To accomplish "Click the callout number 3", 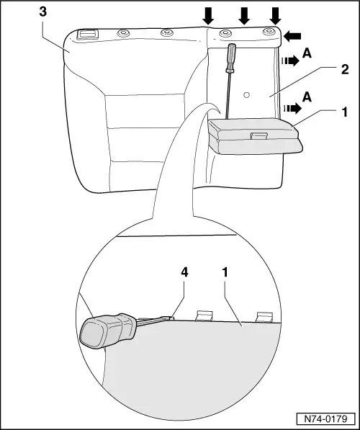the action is [x=43, y=12].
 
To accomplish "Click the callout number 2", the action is [x=344, y=69].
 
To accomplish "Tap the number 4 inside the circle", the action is [x=184, y=272].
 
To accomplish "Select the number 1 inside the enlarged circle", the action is [x=225, y=272].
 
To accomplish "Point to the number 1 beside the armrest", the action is [x=344, y=112].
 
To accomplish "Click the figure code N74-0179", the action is [x=325, y=418].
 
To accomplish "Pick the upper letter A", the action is [x=307, y=53].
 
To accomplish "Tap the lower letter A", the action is [x=307, y=97].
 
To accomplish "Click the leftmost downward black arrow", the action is [x=208, y=16].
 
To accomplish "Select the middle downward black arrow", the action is [x=244, y=16].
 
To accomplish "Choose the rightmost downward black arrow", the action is [x=275, y=16].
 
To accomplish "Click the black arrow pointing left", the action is [x=292, y=36].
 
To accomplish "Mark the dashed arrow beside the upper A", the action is [x=290, y=61].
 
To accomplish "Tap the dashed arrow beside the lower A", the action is [x=292, y=108].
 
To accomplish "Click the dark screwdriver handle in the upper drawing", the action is [x=230, y=58].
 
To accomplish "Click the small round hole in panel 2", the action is [x=246, y=95].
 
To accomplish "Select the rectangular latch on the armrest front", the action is [x=259, y=135].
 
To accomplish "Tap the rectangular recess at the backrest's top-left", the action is [x=87, y=35].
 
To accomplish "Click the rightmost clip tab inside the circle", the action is [x=264, y=317].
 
